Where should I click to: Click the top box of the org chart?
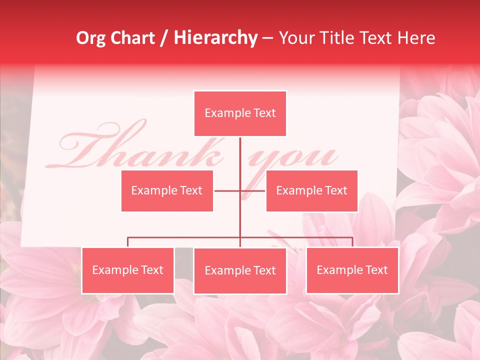(240, 113)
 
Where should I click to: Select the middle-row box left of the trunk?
(167, 190)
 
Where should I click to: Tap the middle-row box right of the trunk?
(311, 190)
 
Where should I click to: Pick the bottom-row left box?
(128, 270)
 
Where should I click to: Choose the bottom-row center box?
(240, 270)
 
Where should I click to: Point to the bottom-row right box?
(352, 270)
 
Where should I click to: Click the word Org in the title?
(90, 38)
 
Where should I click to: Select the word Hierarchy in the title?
(215, 38)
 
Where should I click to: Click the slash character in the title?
(164, 38)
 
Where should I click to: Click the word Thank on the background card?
(140, 150)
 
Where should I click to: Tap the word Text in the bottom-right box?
(376, 270)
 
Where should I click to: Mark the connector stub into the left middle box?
(226, 190)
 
